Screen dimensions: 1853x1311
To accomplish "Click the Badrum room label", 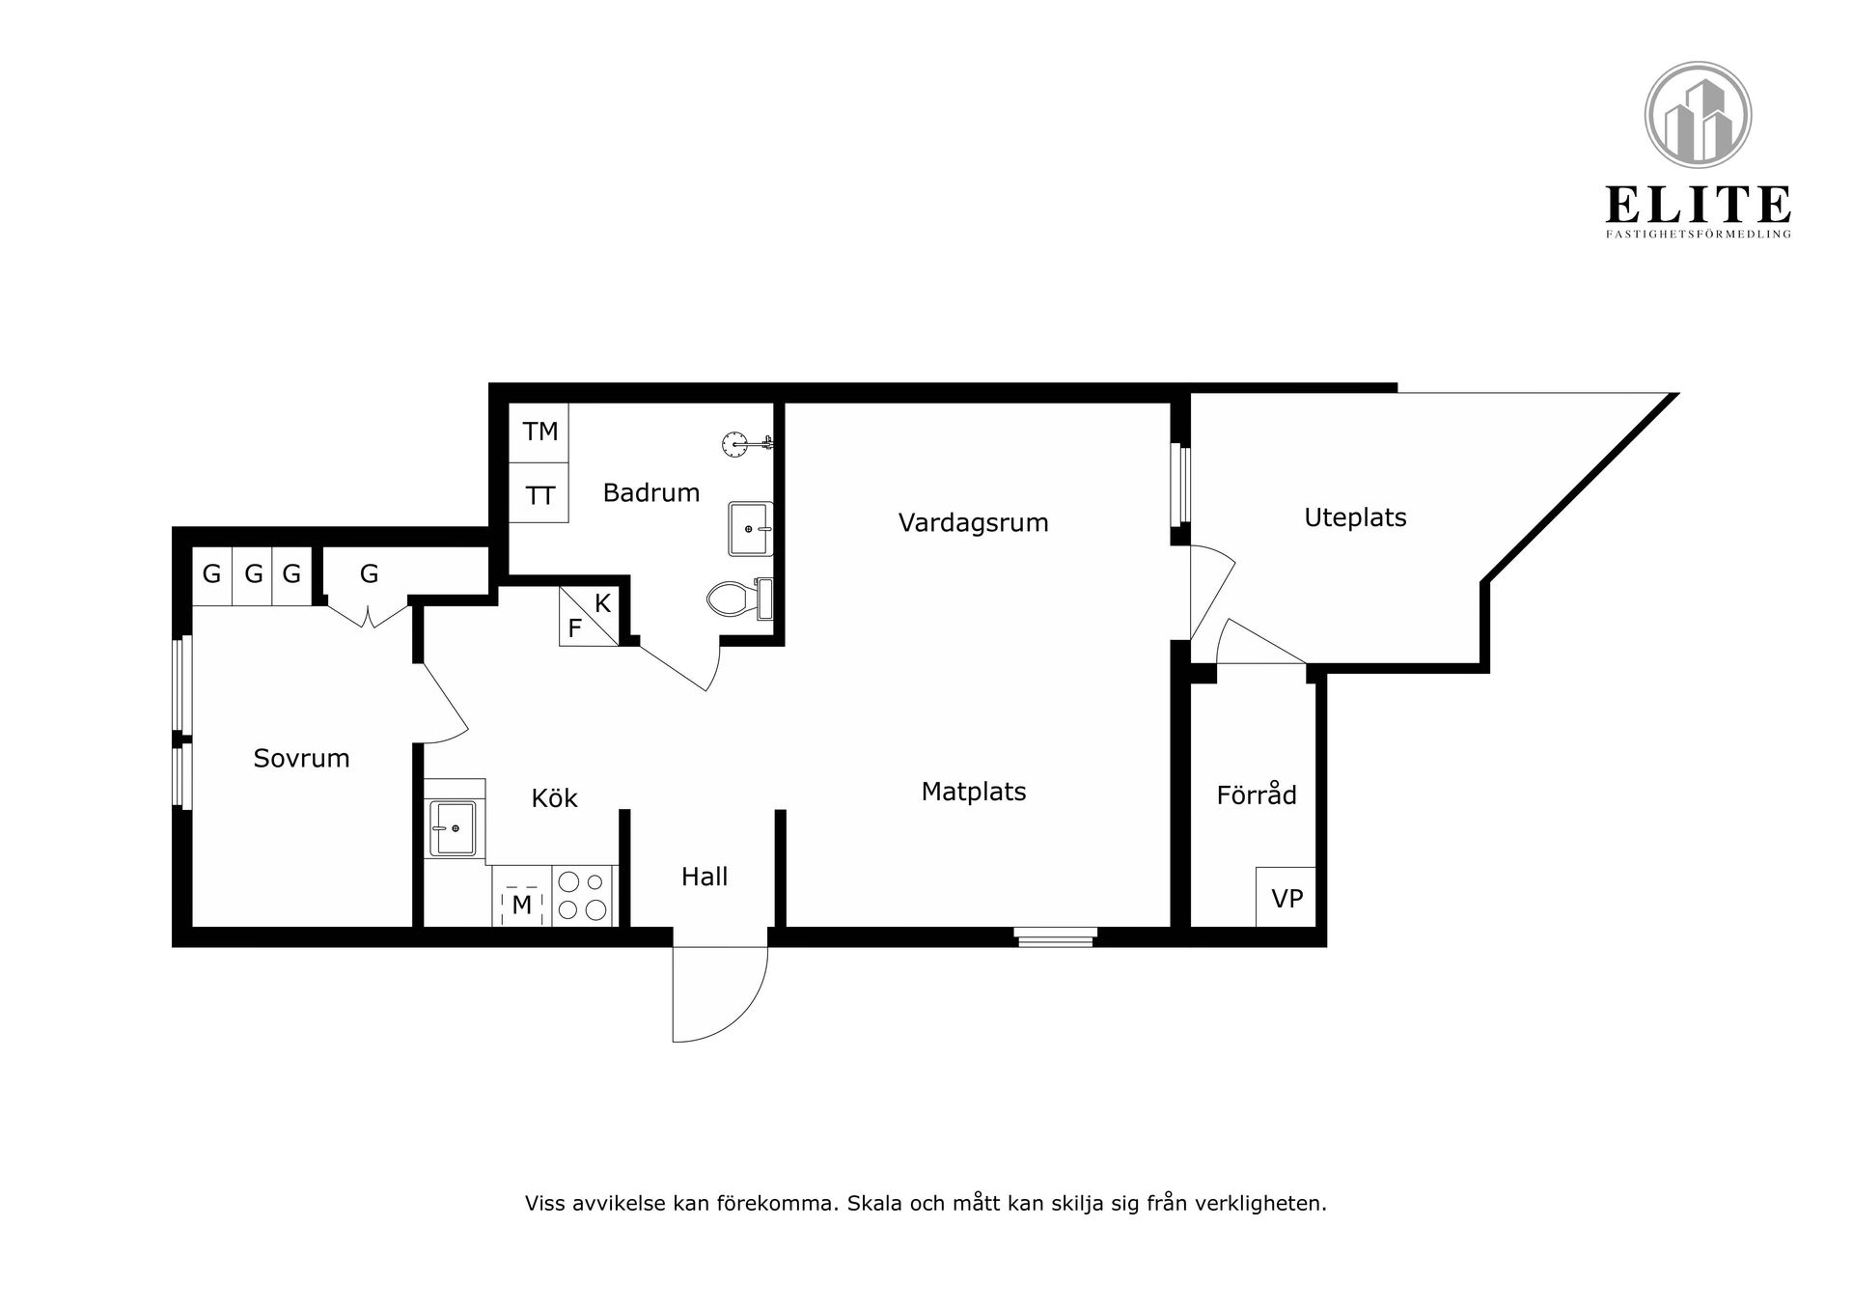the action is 651,493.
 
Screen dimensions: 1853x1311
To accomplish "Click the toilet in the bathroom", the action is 740,599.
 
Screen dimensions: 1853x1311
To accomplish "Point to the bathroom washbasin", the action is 751,529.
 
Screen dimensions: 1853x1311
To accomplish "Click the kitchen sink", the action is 453,828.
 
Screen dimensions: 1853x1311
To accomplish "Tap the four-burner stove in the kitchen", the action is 584,895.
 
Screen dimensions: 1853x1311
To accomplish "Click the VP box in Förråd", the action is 1286,898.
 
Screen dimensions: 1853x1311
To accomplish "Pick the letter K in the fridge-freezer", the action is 602,604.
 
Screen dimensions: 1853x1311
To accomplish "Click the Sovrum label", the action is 301,759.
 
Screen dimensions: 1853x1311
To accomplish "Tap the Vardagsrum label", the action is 973,523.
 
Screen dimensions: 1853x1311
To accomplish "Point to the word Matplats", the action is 974,792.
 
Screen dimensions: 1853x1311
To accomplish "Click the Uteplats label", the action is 1355,518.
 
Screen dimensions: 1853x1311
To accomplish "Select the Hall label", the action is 705,877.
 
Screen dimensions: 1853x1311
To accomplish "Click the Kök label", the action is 554,798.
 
